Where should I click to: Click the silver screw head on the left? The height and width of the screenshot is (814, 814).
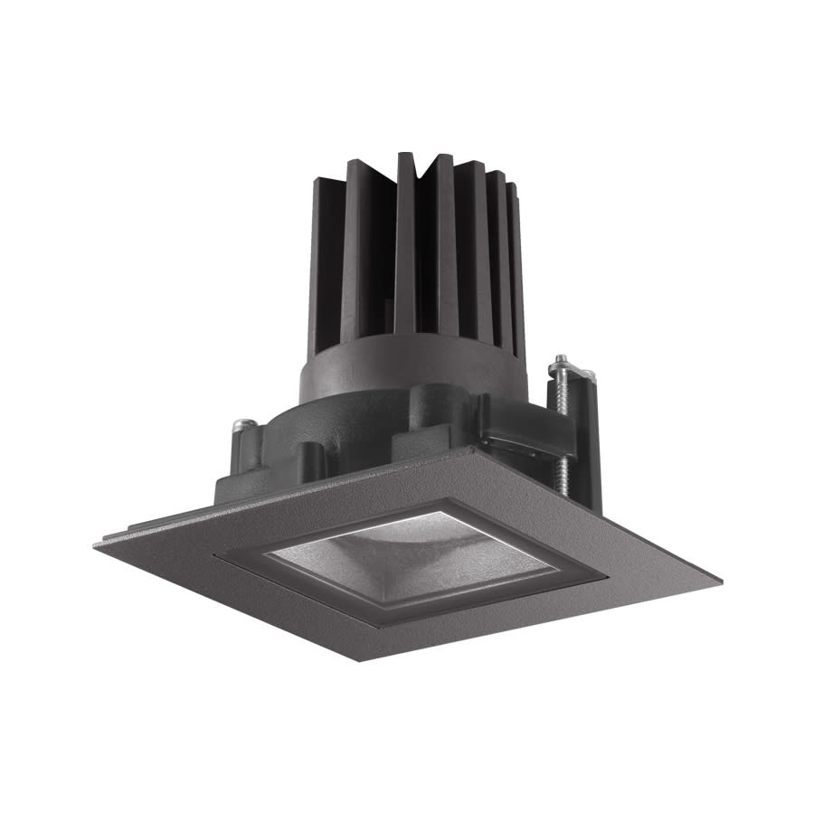[241, 423]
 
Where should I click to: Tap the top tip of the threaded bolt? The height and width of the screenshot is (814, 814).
[562, 359]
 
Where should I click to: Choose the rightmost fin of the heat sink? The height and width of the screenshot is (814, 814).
[518, 271]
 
